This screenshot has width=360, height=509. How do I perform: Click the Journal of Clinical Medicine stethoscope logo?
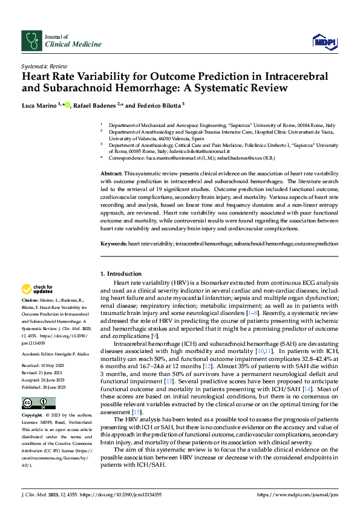coord(31,41)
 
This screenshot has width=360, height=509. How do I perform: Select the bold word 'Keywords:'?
coord(113,243)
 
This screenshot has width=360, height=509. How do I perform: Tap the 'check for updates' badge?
coord(38,290)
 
